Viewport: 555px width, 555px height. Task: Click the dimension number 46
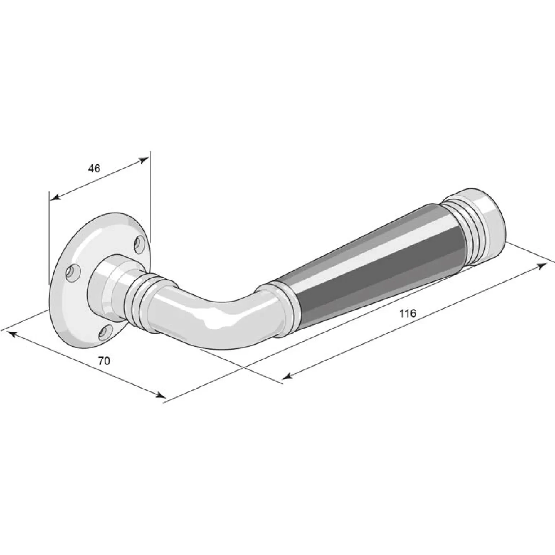(x=94, y=168)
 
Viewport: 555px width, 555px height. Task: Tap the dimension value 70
(x=104, y=361)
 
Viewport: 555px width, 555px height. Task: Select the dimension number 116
(x=408, y=314)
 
